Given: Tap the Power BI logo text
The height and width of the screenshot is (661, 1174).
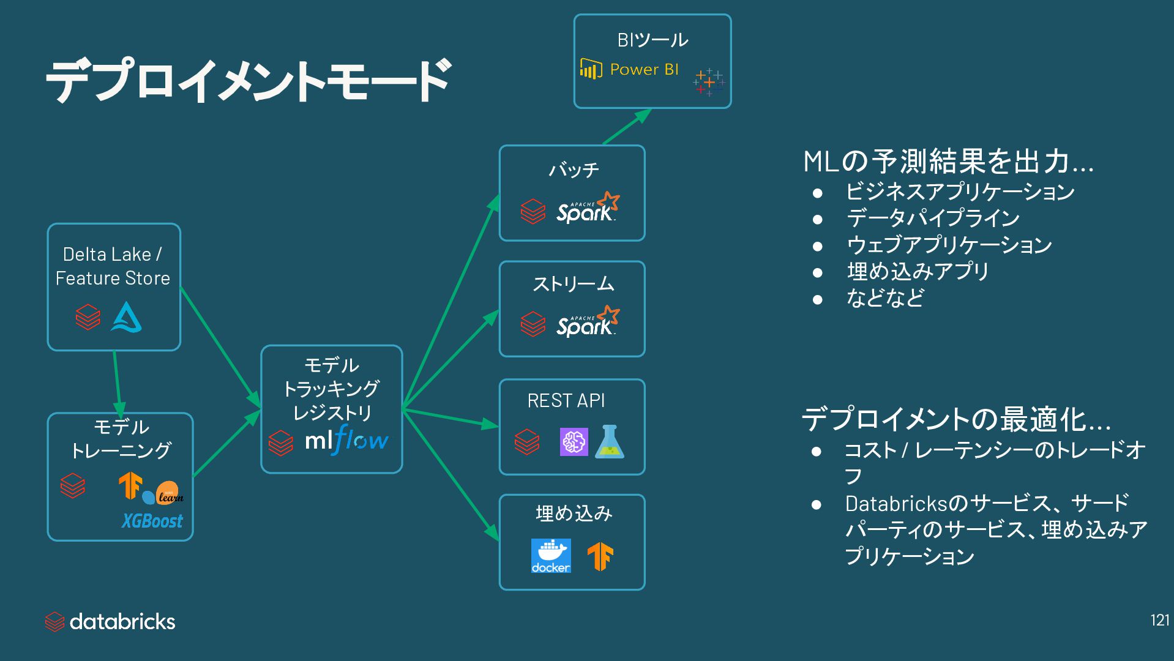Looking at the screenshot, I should pyautogui.click(x=644, y=70).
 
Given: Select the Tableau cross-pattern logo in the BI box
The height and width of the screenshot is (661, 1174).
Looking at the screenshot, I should pyautogui.click(x=709, y=82).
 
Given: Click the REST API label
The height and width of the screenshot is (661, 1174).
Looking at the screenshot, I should pyautogui.click(x=566, y=401).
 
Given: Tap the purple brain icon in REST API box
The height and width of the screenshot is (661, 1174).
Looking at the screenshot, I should pyautogui.click(x=574, y=442).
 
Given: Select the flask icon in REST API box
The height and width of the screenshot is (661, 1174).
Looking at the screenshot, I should pyautogui.click(x=610, y=442).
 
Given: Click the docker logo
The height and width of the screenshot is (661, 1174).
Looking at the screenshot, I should pyautogui.click(x=551, y=556).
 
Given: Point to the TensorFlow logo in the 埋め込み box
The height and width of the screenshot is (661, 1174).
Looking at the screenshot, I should pyautogui.click(x=600, y=556).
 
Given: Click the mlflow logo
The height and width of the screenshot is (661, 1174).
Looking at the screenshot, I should pyautogui.click(x=346, y=440).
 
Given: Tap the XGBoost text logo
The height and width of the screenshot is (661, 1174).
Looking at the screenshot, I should pyautogui.click(x=152, y=521).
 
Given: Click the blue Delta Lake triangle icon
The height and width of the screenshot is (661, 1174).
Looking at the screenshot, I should pyautogui.click(x=126, y=317).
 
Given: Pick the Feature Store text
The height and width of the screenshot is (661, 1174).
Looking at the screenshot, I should pyautogui.click(x=113, y=278).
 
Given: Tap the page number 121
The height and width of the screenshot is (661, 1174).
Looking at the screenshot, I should pyautogui.click(x=1159, y=620).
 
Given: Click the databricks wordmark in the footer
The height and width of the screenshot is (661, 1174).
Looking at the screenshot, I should pyautogui.click(x=122, y=622).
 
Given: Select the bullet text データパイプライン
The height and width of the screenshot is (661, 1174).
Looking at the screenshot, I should pyautogui.click(x=933, y=218).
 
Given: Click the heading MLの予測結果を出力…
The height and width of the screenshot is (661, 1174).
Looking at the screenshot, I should pyautogui.click(x=948, y=162).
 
